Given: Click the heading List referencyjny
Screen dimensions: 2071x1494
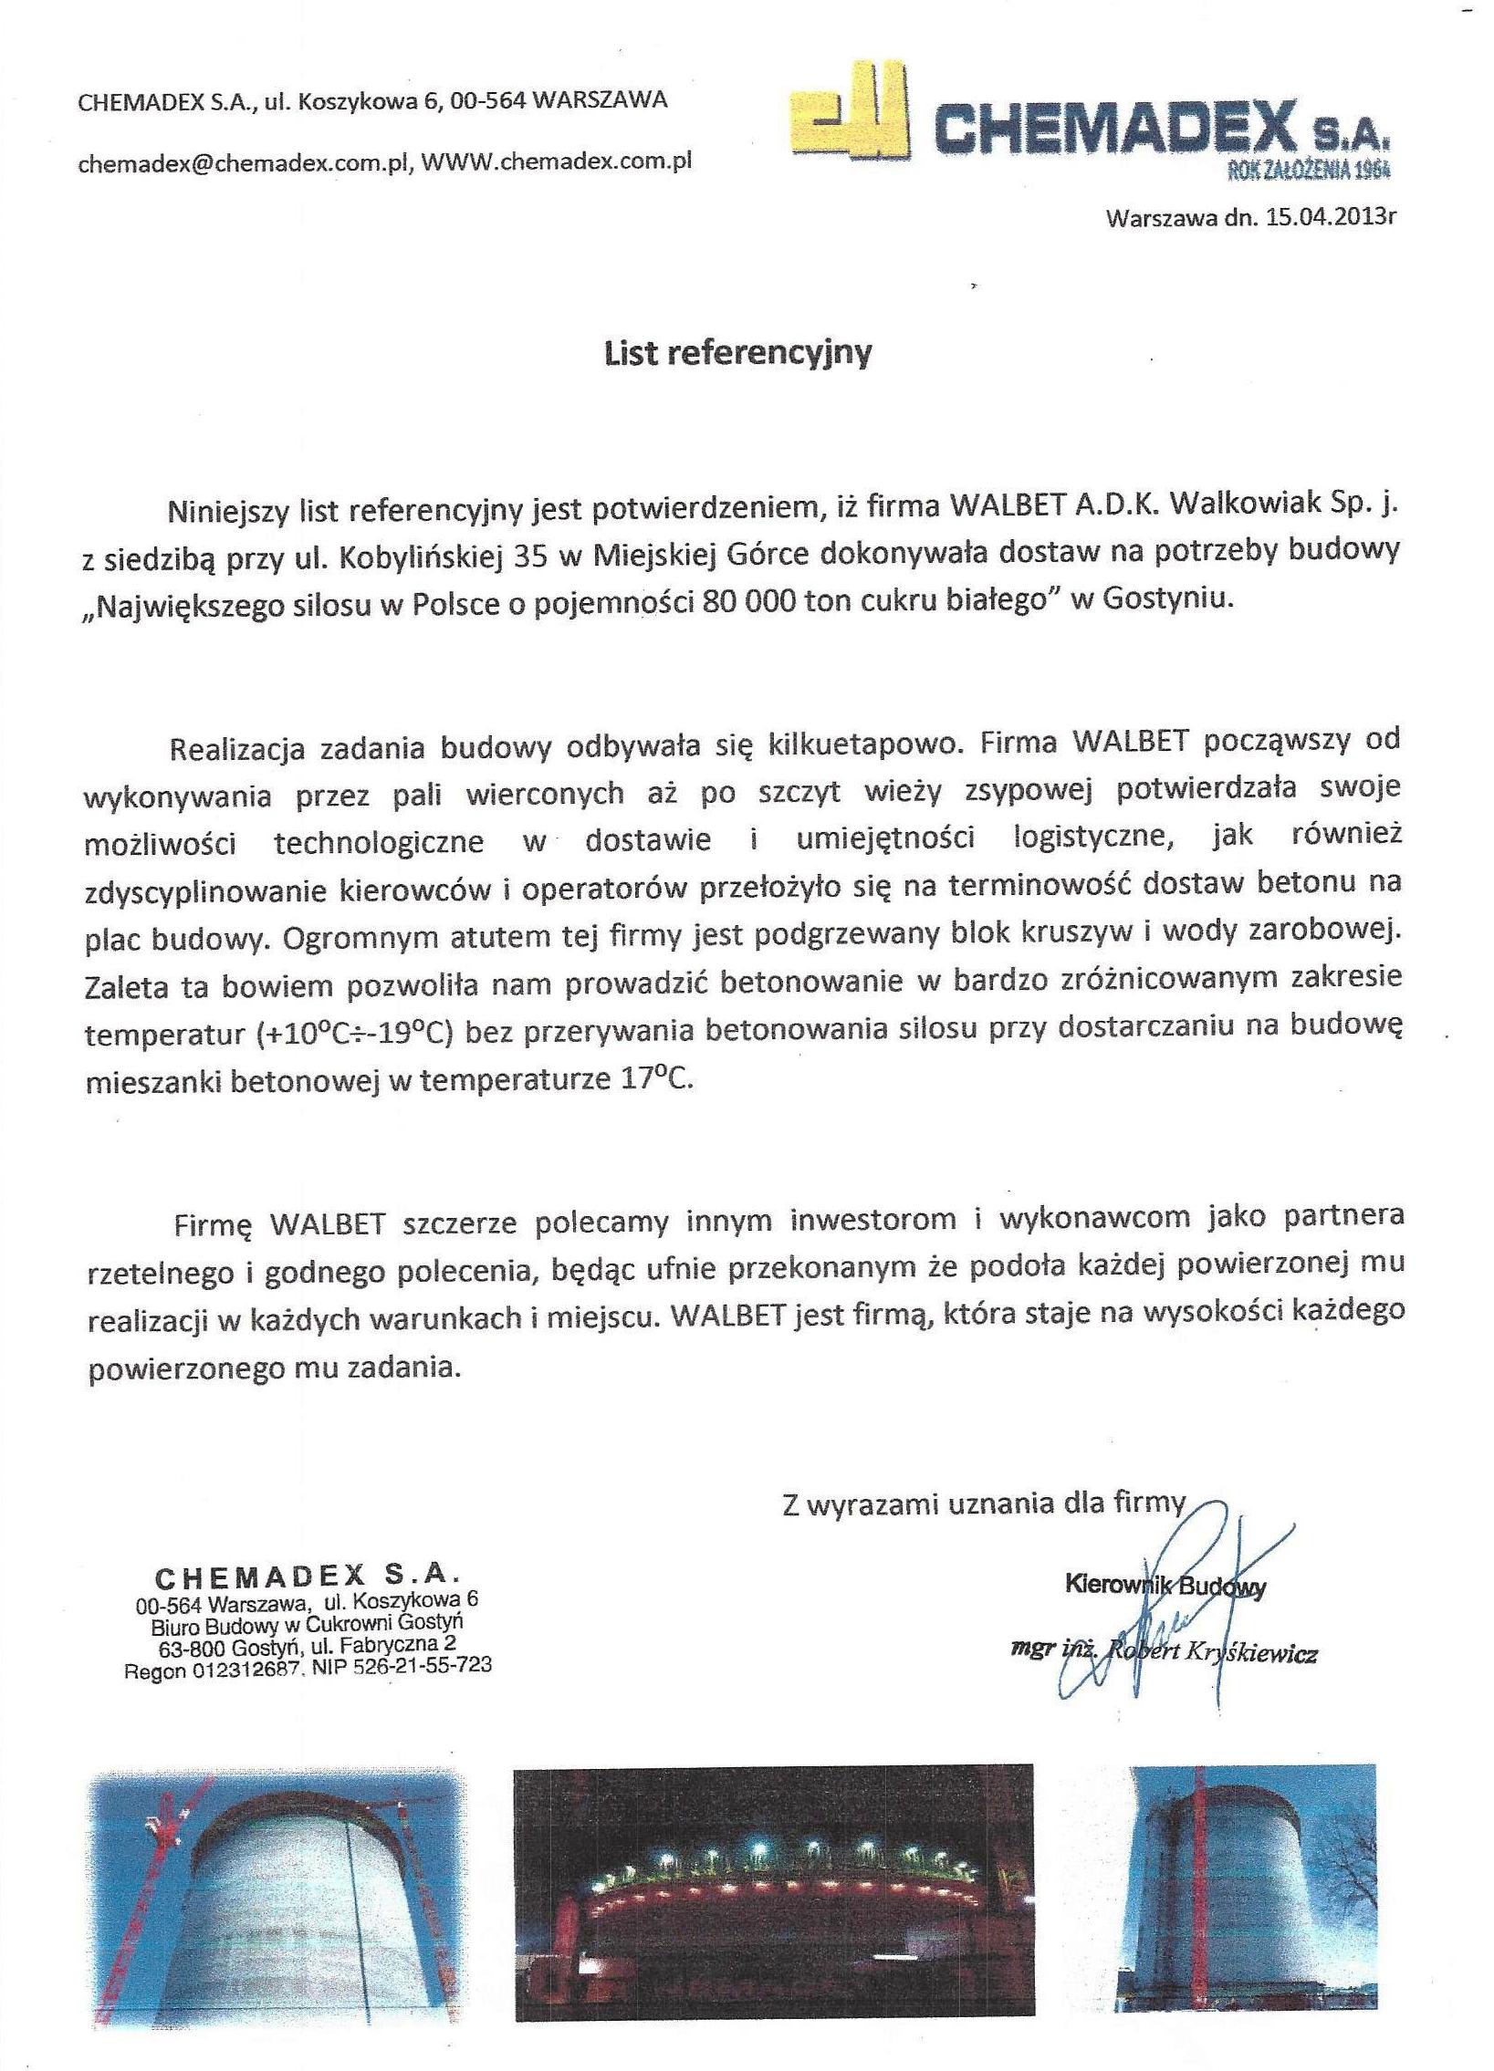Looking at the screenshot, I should [x=737, y=352].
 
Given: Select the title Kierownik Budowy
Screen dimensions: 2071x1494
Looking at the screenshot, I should [x=1165, y=1587].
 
